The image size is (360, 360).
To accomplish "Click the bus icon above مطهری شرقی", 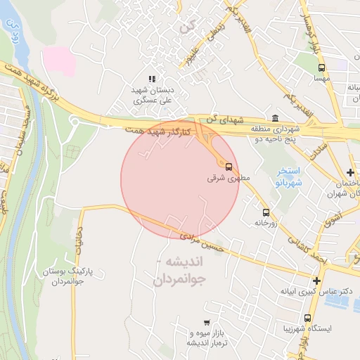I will (x=229, y=166).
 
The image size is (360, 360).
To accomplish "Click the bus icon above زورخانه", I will (x=266, y=212).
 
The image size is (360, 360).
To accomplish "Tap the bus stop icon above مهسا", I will (x=321, y=68).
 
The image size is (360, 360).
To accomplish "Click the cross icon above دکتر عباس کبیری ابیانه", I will (x=316, y=281).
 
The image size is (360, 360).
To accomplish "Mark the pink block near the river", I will (x=59, y=60).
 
